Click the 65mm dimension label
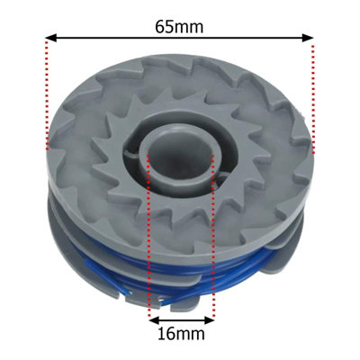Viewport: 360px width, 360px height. pyautogui.click(x=179, y=27)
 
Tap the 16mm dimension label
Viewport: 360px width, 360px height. pyautogui.click(x=182, y=333)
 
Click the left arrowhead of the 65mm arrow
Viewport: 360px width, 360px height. pyautogui.click(x=51, y=38)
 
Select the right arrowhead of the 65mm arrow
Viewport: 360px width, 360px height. pyautogui.click(x=308, y=38)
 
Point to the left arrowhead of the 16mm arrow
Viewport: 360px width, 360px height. pyautogui.click(x=155, y=320)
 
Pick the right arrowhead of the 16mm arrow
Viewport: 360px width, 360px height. pyautogui.click(x=209, y=320)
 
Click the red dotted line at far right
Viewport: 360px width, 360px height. pyautogui.click(x=313, y=99)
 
